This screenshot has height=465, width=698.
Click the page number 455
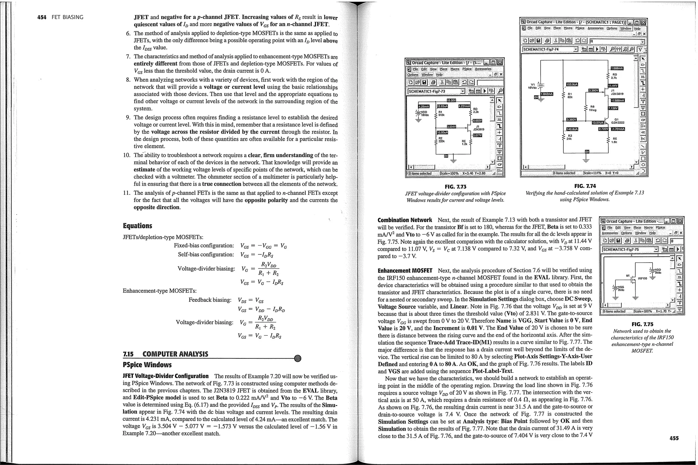click(674, 438)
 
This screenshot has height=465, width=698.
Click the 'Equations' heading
click(137, 226)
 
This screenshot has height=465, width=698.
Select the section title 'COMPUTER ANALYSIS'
click(175, 354)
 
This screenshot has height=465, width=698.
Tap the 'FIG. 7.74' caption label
click(585, 186)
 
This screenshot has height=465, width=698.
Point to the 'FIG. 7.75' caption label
click(642, 324)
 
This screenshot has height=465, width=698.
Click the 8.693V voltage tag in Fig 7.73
click(477, 121)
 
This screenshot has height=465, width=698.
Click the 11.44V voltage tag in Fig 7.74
click(612, 86)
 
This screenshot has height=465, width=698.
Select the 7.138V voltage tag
click(612, 108)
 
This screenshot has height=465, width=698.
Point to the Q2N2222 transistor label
click(617, 123)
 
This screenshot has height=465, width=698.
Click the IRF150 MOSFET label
click(642, 278)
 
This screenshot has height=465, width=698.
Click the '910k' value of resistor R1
click(442, 115)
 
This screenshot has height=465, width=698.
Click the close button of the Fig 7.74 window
click(643, 22)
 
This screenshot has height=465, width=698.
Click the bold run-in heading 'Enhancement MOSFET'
click(405, 270)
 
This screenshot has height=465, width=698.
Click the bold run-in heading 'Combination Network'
click(405, 220)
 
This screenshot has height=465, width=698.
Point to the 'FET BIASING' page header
click(67, 17)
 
